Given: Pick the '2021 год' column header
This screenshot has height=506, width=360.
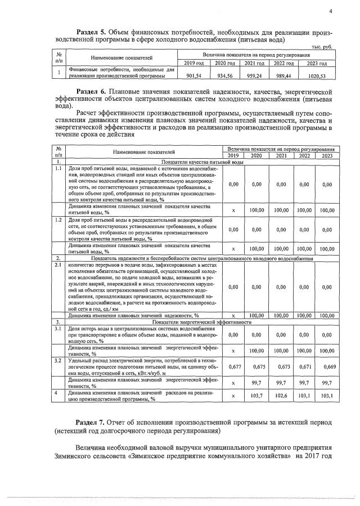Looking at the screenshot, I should click(254, 63).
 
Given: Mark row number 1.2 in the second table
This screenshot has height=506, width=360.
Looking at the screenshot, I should click(58, 219).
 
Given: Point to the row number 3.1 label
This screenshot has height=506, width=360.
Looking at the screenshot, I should click(58, 328).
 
